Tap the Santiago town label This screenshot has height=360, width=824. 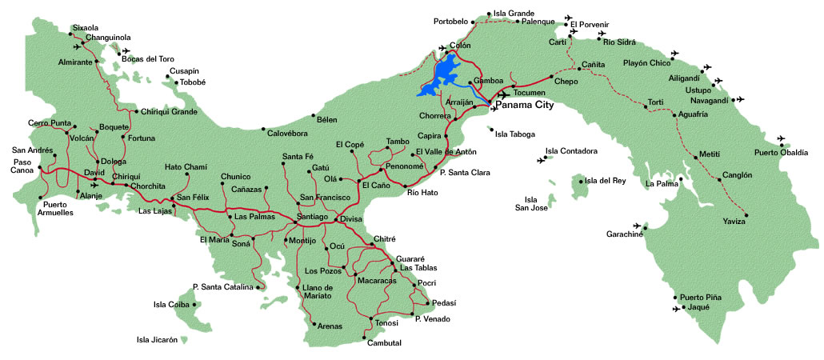click(x=312, y=218)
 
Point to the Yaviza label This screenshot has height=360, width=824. click(x=734, y=221)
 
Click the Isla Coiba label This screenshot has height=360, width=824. click(x=170, y=304)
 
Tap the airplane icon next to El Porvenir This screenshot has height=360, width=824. click(x=568, y=18)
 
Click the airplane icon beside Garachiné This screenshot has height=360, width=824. click(x=638, y=226)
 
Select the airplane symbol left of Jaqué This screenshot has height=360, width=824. click(x=677, y=308)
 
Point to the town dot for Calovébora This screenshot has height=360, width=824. click(x=264, y=128)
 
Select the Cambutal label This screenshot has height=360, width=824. click(x=384, y=343)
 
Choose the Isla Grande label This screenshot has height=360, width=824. click(x=514, y=14)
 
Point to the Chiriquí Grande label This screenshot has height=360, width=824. click(x=169, y=112)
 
